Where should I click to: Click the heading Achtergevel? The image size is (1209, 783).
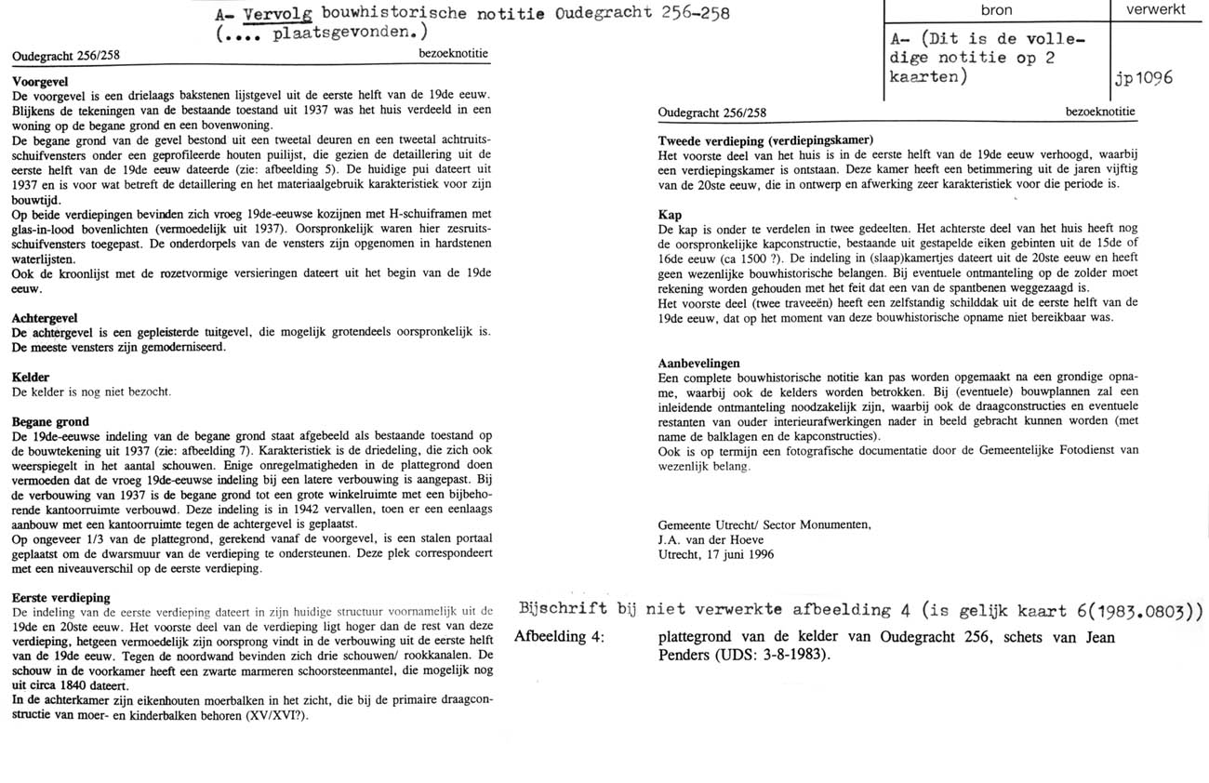click(45, 317)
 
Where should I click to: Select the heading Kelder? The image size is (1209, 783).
click(31, 378)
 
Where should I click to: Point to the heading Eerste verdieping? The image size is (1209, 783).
click(60, 597)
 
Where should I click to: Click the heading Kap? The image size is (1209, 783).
click(670, 215)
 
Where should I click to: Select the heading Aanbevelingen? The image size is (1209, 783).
click(699, 363)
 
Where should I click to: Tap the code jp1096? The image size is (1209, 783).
click(1143, 79)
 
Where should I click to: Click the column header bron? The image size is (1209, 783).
click(996, 10)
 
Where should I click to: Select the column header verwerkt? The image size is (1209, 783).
click(1155, 10)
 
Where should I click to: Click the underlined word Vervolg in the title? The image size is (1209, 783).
click(274, 14)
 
